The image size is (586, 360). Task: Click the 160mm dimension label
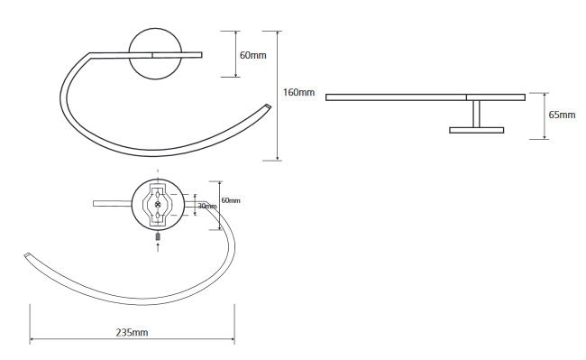[298, 92]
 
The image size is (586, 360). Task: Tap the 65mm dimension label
[562, 115]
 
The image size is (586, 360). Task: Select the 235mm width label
[132, 332]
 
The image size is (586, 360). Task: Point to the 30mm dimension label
[207, 206]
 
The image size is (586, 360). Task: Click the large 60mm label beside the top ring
[253, 55]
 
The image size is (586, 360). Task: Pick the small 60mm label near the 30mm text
[231, 200]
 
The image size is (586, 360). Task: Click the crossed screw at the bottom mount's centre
[158, 204]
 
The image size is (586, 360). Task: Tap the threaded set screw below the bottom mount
[158, 236]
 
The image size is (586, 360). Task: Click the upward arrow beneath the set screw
[158, 246]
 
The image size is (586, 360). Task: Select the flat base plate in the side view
[477, 130]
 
